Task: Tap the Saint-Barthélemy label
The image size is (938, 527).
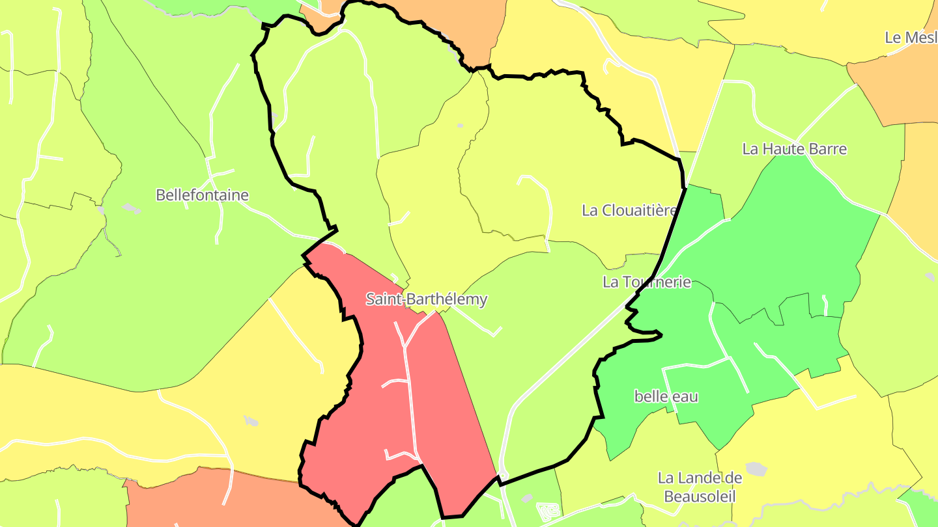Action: [426, 299]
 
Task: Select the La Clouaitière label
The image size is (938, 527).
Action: [629, 210]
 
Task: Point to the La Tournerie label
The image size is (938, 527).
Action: [646, 282]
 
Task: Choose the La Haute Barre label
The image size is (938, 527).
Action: [794, 149]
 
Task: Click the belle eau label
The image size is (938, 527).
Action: [666, 396]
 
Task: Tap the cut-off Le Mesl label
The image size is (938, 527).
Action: [911, 38]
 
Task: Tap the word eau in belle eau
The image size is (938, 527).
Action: [685, 396]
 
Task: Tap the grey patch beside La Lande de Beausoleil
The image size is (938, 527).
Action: [756, 469]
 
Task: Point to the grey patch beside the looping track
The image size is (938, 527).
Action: [527, 498]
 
